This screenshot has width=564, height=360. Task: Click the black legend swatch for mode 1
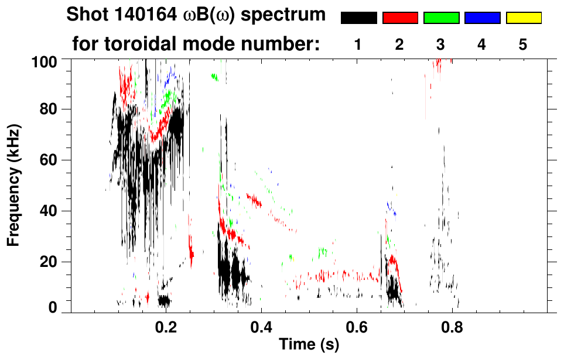pos(358,18)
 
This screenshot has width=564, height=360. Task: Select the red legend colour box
pos(400,18)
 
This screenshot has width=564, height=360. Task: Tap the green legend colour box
pos(441,18)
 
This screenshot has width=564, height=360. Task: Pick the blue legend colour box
pos(482,18)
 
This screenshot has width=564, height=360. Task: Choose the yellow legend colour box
pos(524,18)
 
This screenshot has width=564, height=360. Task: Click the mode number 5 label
pos(523,44)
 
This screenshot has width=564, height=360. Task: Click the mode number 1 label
pos(358,44)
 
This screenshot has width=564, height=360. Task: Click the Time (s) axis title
pos(309,345)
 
